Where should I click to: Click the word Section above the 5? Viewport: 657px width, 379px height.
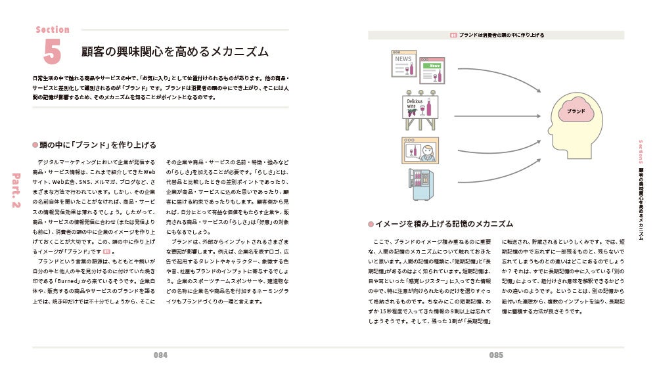[x=53, y=30]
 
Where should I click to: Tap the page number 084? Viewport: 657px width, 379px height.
[x=161, y=355]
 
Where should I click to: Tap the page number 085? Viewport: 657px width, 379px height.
[x=496, y=355]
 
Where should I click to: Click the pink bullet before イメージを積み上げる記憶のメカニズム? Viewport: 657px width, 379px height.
[x=371, y=224]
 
